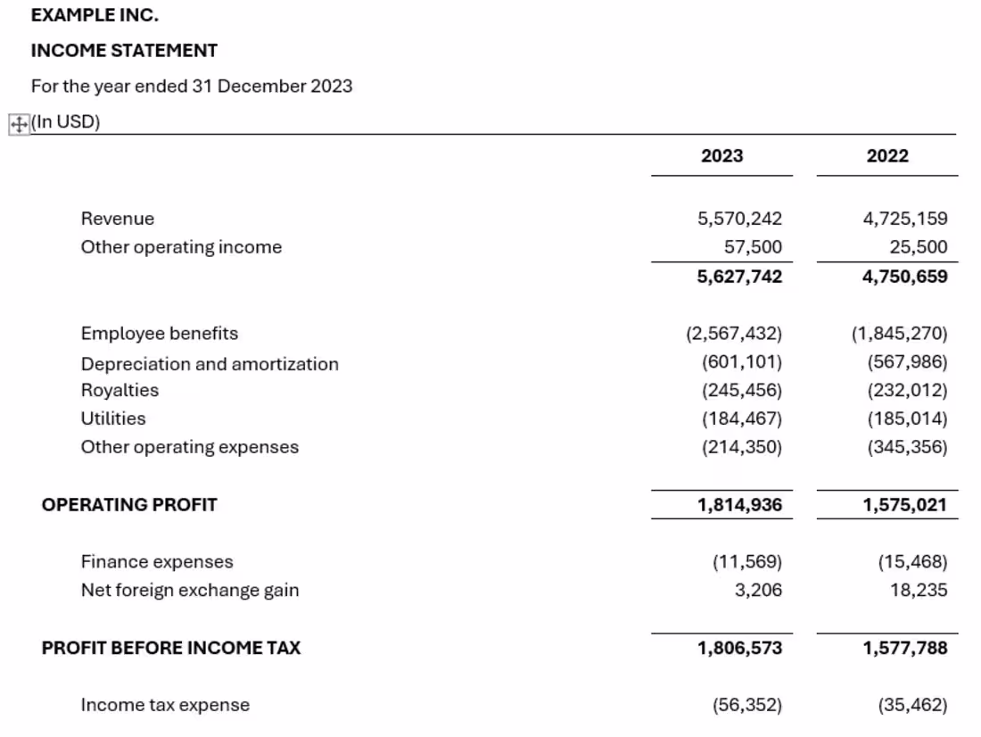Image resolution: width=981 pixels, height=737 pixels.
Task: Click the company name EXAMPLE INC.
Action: (95, 15)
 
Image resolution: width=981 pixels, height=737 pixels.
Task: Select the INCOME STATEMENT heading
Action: (124, 51)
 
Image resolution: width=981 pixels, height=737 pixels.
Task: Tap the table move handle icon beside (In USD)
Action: (18, 125)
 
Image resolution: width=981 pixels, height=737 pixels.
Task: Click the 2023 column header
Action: (721, 156)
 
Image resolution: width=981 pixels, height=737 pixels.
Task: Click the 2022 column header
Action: (886, 156)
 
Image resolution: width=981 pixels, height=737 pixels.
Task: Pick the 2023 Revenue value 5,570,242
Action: (739, 219)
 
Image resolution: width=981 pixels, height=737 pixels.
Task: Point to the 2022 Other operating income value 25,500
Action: (918, 247)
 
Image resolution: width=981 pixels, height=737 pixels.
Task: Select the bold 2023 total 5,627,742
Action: (739, 277)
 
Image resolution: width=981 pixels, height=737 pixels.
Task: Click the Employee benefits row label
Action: (160, 334)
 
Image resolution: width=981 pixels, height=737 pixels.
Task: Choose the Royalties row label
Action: (120, 390)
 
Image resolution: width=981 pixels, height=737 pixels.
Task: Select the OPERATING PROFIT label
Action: (129, 505)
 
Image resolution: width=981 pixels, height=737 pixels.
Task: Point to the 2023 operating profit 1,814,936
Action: (739, 505)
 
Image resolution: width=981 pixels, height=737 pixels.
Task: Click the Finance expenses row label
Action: (157, 562)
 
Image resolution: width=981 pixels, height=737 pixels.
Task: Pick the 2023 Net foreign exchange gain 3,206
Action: (758, 590)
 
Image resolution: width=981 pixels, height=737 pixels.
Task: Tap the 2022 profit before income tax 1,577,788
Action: (904, 648)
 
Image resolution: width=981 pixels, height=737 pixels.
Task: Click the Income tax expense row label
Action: (165, 705)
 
